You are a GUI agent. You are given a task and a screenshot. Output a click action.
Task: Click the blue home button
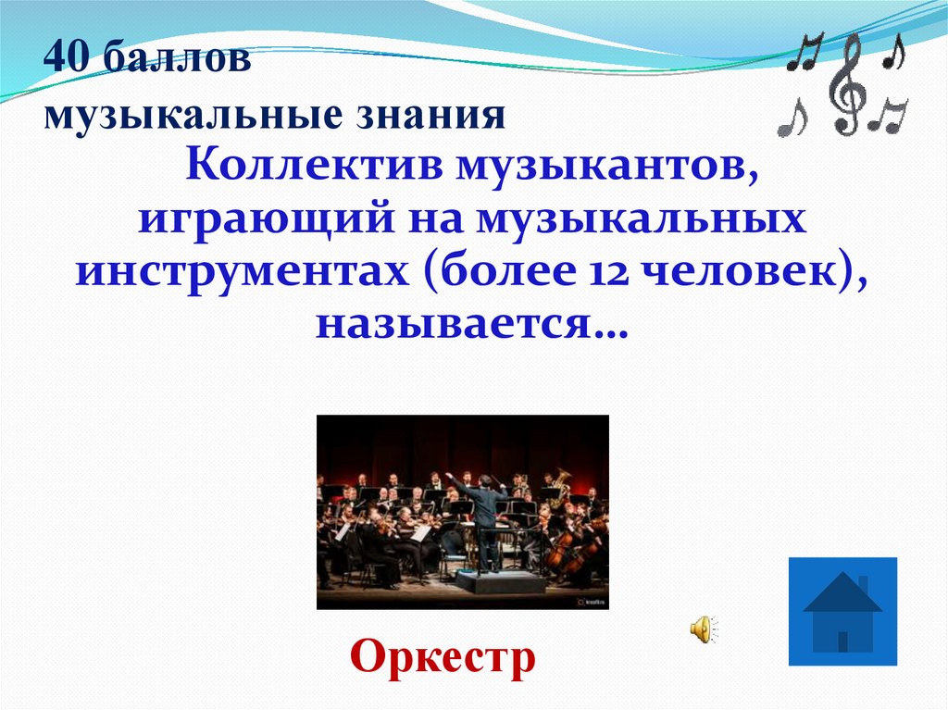coord(842,611)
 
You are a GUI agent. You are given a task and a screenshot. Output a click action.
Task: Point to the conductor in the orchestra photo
coord(485,518)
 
